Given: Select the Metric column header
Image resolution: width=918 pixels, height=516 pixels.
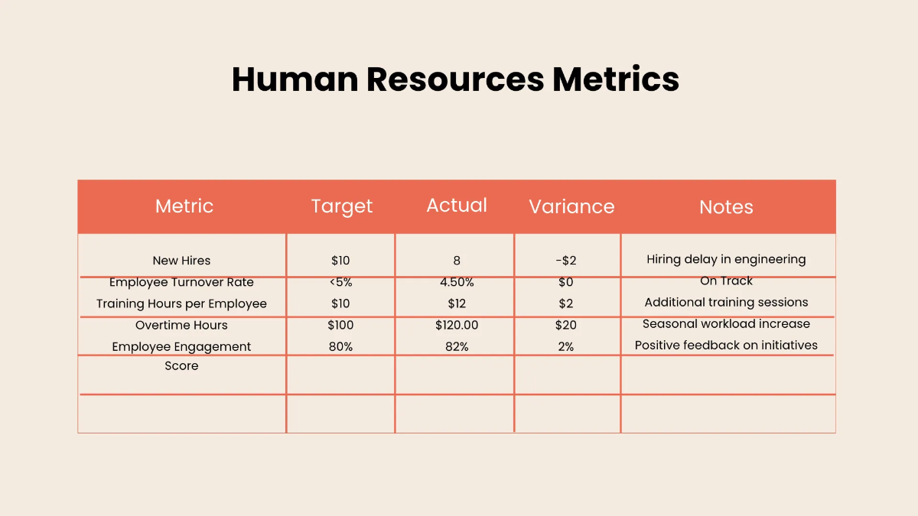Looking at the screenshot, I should [184, 206].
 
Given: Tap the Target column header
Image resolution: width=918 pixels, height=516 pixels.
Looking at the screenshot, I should [342, 206].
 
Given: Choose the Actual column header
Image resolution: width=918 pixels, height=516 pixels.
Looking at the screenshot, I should [457, 205].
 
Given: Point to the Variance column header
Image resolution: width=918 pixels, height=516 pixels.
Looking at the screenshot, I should [571, 206].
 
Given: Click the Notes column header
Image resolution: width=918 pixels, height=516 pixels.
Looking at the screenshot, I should [726, 207].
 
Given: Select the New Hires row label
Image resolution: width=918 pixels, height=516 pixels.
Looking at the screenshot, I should [181, 261].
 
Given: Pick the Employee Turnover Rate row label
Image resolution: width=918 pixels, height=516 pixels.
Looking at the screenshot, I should [181, 283].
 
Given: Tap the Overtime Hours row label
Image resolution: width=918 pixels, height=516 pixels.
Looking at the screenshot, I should [181, 326].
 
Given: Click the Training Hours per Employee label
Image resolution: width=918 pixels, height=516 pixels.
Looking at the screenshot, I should [181, 304].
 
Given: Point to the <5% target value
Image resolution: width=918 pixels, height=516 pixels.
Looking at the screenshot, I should [340, 283].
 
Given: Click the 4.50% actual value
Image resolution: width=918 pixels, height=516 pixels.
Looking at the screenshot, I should [457, 283].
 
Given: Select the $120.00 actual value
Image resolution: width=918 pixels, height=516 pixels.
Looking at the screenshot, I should [457, 326].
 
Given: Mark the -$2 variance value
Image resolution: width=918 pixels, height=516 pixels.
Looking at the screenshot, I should [566, 261].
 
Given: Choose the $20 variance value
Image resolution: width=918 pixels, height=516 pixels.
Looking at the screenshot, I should [566, 326].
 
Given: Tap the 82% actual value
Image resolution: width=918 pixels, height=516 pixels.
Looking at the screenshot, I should [457, 347].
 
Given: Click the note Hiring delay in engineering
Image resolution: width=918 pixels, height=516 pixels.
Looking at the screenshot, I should [726, 259].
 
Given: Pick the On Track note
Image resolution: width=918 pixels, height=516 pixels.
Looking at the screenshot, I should [726, 281].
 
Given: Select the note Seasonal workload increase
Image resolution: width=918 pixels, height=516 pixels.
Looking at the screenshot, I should [726, 324].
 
